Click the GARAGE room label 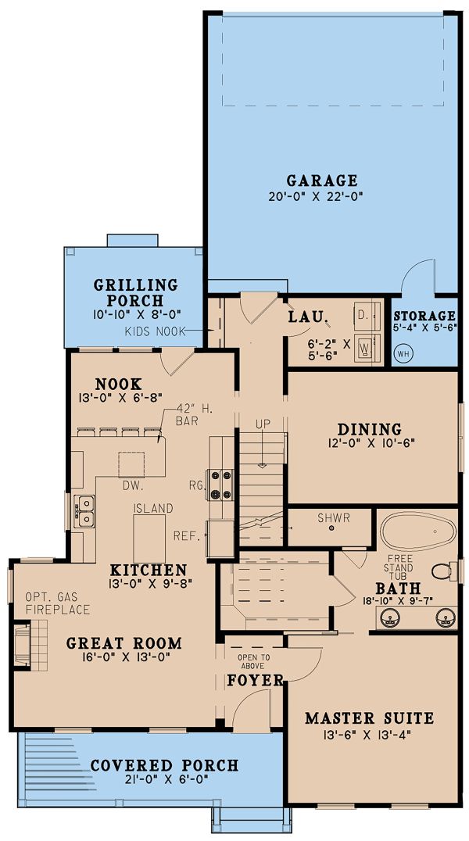pyautogui.click(x=322, y=181)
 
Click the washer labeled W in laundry pyautogui.click(x=368, y=348)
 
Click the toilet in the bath pyautogui.click(x=443, y=571)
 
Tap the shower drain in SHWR pyautogui.click(x=331, y=528)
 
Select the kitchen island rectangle pyautogui.click(x=149, y=539)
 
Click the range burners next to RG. pyautogui.click(x=220, y=485)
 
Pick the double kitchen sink pyautogui.click(x=84, y=512)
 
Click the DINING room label pyautogui.click(x=369, y=430)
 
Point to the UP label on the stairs pyautogui.click(x=263, y=424)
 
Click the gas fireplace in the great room pyautogui.click(x=30, y=646)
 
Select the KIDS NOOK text pyautogui.click(x=155, y=332)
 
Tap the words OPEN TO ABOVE pyautogui.click(x=255, y=661)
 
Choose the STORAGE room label pyautogui.click(x=424, y=317)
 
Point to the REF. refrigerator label pyautogui.click(x=187, y=535)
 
